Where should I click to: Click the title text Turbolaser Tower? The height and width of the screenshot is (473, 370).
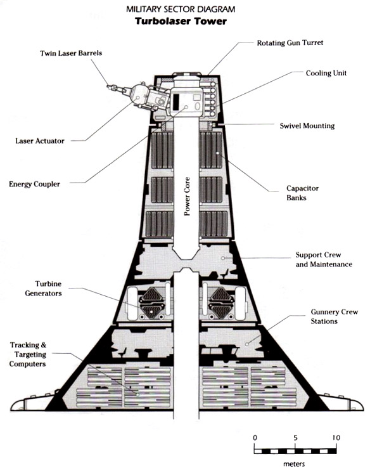click(181, 22)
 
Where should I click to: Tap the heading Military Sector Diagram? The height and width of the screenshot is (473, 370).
click(181, 10)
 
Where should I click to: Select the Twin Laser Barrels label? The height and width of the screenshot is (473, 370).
click(71, 53)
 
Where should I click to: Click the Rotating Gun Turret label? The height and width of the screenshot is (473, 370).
click(290, 43)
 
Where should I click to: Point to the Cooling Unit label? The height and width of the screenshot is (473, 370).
click(326, 73)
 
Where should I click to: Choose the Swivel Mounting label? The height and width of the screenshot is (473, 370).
click(307, 126)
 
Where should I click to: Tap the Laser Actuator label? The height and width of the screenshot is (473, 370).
click(40, 141)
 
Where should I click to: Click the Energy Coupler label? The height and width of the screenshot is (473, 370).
click(34, 184)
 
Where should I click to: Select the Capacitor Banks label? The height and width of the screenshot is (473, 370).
click(302, 193)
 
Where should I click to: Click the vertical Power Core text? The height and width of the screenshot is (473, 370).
click(188, 196)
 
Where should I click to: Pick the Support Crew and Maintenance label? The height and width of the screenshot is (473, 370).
click(324, 259)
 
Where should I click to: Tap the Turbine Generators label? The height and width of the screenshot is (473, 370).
click(44, 288)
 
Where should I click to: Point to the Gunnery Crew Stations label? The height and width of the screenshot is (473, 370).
click(334, 316)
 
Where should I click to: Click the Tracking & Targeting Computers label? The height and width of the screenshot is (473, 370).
click(28, 354)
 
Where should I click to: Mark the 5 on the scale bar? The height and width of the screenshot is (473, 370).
click(295, 437)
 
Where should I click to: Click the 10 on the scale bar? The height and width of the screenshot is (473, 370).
click(336, 437)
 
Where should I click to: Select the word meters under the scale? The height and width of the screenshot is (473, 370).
click(294, 464)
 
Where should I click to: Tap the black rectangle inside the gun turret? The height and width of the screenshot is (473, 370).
click(176, 101)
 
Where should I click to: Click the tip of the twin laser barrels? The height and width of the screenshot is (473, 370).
click(108, 87)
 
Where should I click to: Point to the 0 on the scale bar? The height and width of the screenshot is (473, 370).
click(255, 437)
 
